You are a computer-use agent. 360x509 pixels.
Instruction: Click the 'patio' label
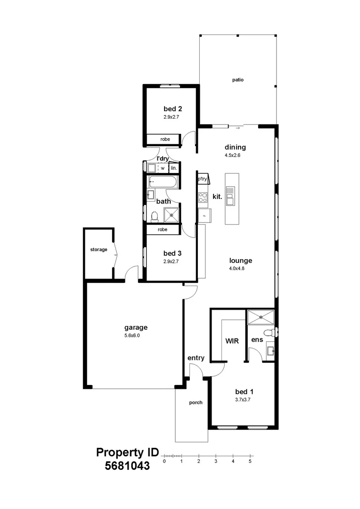(x=237, y=80)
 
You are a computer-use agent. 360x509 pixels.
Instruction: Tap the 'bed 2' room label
(x=172, y=109)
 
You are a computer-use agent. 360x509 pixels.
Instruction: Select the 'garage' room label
(x=136, y=328)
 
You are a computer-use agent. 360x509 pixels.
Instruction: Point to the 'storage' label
(x=98, y=250)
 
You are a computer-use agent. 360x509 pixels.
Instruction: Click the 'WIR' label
(x=232, y=341)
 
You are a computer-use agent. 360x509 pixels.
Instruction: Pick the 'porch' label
(x=196, y=402)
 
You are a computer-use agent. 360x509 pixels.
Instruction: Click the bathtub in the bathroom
(x=164, y=182)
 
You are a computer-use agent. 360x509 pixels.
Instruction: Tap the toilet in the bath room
(x=155, y=216)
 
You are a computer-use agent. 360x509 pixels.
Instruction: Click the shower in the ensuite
(x=261, y=317)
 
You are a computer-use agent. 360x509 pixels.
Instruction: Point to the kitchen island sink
(x=230, y=196)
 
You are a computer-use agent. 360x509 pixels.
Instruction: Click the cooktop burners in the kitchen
(x=203, y=197)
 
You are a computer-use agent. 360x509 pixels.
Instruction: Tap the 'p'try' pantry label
(x=202, y=179)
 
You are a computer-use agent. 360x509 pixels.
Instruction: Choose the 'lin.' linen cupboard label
(x=174, y=168)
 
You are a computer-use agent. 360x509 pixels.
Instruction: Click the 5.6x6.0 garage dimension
(x=132, y=336)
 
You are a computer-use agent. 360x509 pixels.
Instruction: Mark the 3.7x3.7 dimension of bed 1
(x=243, y=400)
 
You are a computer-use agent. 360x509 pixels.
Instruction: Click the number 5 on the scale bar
(x=250, y=461)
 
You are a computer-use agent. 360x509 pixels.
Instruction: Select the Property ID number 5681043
(x=127, y=466)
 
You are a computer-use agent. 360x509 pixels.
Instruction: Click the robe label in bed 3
(x=163, y=230)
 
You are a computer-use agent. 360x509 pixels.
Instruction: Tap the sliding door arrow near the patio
(x=238, y=128)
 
